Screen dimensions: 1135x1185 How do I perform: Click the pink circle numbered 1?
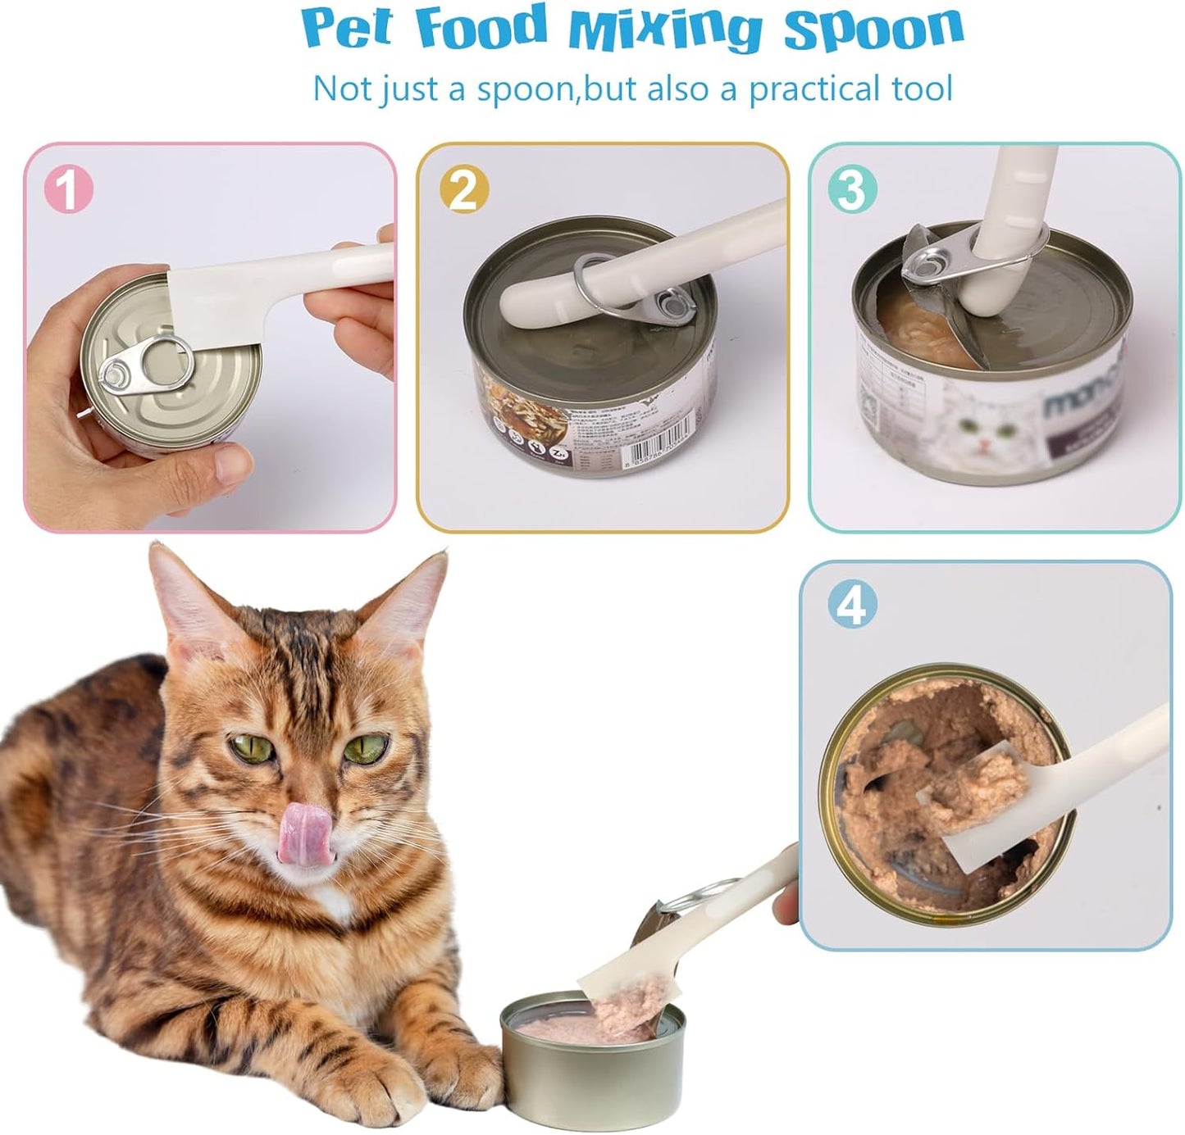pyautogui.click(x=69, y=190)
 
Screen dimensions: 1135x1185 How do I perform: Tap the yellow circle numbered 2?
pyautogui.click(x=463, y=190)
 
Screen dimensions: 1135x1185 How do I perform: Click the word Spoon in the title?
pyautogui.click(x=873, y=28)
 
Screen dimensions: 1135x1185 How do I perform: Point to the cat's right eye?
pyautogui.click(x=364, y=747)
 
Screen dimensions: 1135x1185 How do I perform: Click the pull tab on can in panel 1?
pyautogui.click(x=146, y=365)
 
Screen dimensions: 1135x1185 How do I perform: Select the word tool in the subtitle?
pyautogui.click(x=918, y=89)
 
